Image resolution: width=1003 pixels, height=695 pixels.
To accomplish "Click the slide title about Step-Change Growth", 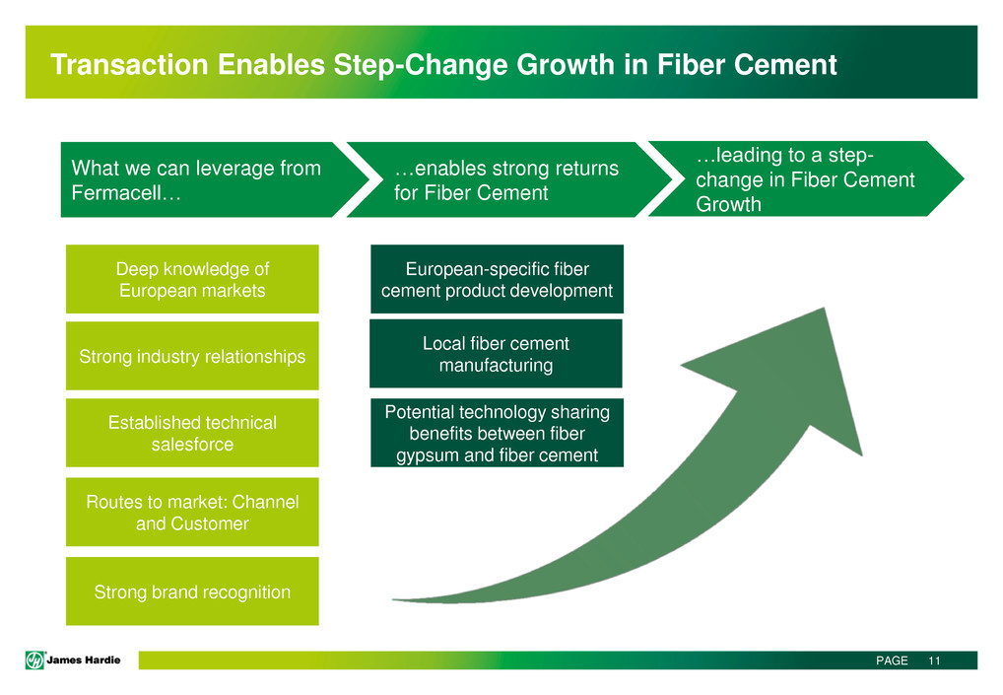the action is tap(443, 65).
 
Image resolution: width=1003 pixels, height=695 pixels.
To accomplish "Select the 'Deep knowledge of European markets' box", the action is tap(192, 279).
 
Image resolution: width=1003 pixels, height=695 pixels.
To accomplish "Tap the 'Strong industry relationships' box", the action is tap(192, 356).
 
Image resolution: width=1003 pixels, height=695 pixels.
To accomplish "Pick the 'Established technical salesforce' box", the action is tap(192, 433).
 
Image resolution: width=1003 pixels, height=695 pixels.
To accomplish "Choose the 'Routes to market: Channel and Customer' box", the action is tap(192, 512).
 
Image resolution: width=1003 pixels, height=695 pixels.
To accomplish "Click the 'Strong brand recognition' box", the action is tap(192, 591).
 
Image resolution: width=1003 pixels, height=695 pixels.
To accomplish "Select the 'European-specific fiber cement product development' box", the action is tap(497, 279).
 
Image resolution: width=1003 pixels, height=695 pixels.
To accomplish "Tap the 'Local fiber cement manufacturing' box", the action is tap(496, 353).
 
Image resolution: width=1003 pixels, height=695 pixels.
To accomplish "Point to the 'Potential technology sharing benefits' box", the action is tap(497, 433).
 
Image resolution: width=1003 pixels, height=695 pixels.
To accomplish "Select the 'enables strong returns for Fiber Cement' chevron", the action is tap(509, 179).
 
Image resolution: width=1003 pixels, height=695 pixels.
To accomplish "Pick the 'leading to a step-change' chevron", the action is tap(806, 178).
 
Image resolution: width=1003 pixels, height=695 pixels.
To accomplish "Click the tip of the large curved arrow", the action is tap(824, 308).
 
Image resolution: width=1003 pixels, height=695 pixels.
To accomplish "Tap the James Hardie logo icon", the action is tap(34, 660).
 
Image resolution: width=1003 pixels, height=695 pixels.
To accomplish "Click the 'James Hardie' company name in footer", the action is tap(83, 660).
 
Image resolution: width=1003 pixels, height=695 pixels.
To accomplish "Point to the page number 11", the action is tap(935, 660).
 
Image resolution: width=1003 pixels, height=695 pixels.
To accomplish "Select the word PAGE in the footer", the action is tap(892, 660).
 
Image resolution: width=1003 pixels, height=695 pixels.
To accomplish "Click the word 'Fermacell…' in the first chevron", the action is tap(126, 192).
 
